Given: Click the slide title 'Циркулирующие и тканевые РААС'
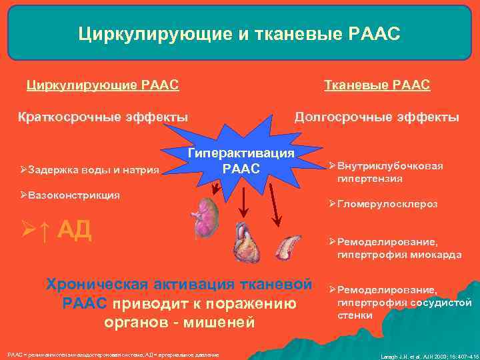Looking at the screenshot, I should click(239, 33).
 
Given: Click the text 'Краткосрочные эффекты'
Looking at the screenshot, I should click(102, 117).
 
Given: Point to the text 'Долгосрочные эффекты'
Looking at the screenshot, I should click(377, 117).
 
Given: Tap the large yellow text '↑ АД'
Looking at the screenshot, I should click(60, 230).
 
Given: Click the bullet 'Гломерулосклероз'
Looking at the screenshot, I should click(387, 205).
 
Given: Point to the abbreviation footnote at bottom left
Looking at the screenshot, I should click(113, 353).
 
